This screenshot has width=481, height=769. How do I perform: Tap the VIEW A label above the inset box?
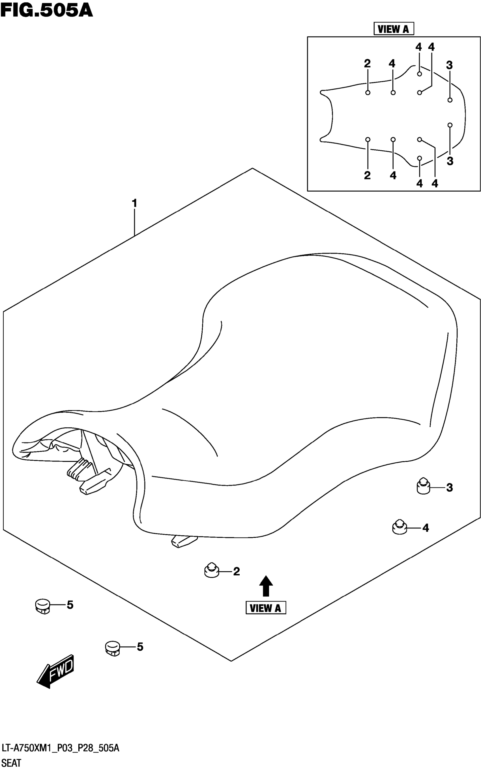393,29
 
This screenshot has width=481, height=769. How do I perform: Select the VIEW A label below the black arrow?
266,608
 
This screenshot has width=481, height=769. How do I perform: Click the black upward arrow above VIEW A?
266,586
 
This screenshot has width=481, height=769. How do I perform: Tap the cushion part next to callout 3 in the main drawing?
423,486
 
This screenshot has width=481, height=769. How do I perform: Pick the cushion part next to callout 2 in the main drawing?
212,570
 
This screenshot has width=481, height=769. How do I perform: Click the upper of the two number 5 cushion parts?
43,605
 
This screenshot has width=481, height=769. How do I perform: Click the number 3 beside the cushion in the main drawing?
449,488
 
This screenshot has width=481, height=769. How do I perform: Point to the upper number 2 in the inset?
368,64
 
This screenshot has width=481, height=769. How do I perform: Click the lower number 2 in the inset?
368,175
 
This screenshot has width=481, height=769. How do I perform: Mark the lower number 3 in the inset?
450,161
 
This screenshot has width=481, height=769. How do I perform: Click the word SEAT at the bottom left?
11,763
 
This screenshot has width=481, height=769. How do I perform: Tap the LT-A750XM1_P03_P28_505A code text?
61,748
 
